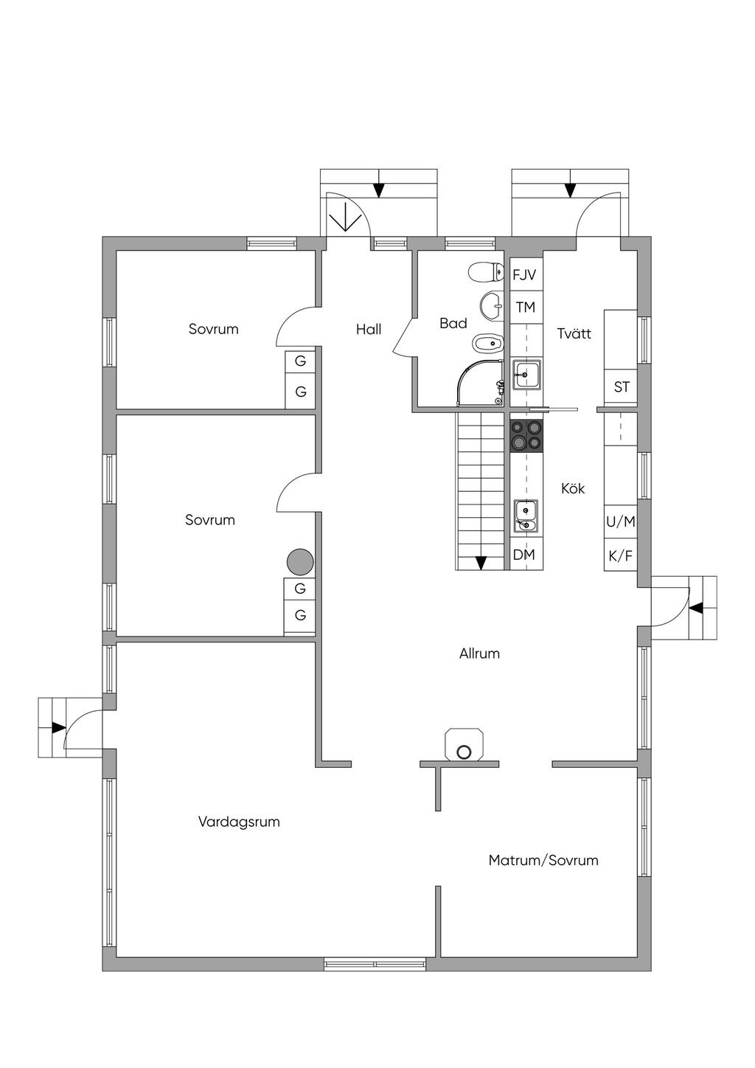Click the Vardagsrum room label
tap(239, 822)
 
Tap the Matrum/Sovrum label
tap(543, 860)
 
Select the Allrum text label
tap(479, 653)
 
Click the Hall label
tap(369, 330)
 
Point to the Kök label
tap(573, 488)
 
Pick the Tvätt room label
tap(574, 333)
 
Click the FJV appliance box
tap(525, 275)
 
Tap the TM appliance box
tap(525, 307)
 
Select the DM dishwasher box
tap(524, 555)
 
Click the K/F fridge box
tap(620, 556)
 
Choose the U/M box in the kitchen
tap(620, 521)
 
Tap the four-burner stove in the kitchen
tap(526, 435)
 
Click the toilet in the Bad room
tap(483, 273)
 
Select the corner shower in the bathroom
tap(480, 384)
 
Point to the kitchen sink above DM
tap(526, 516)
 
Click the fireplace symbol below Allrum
tap(464, 745)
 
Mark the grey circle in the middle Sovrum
tap(300, 563)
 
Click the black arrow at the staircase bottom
tap(481, 563)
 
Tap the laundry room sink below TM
tap(526, 375)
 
